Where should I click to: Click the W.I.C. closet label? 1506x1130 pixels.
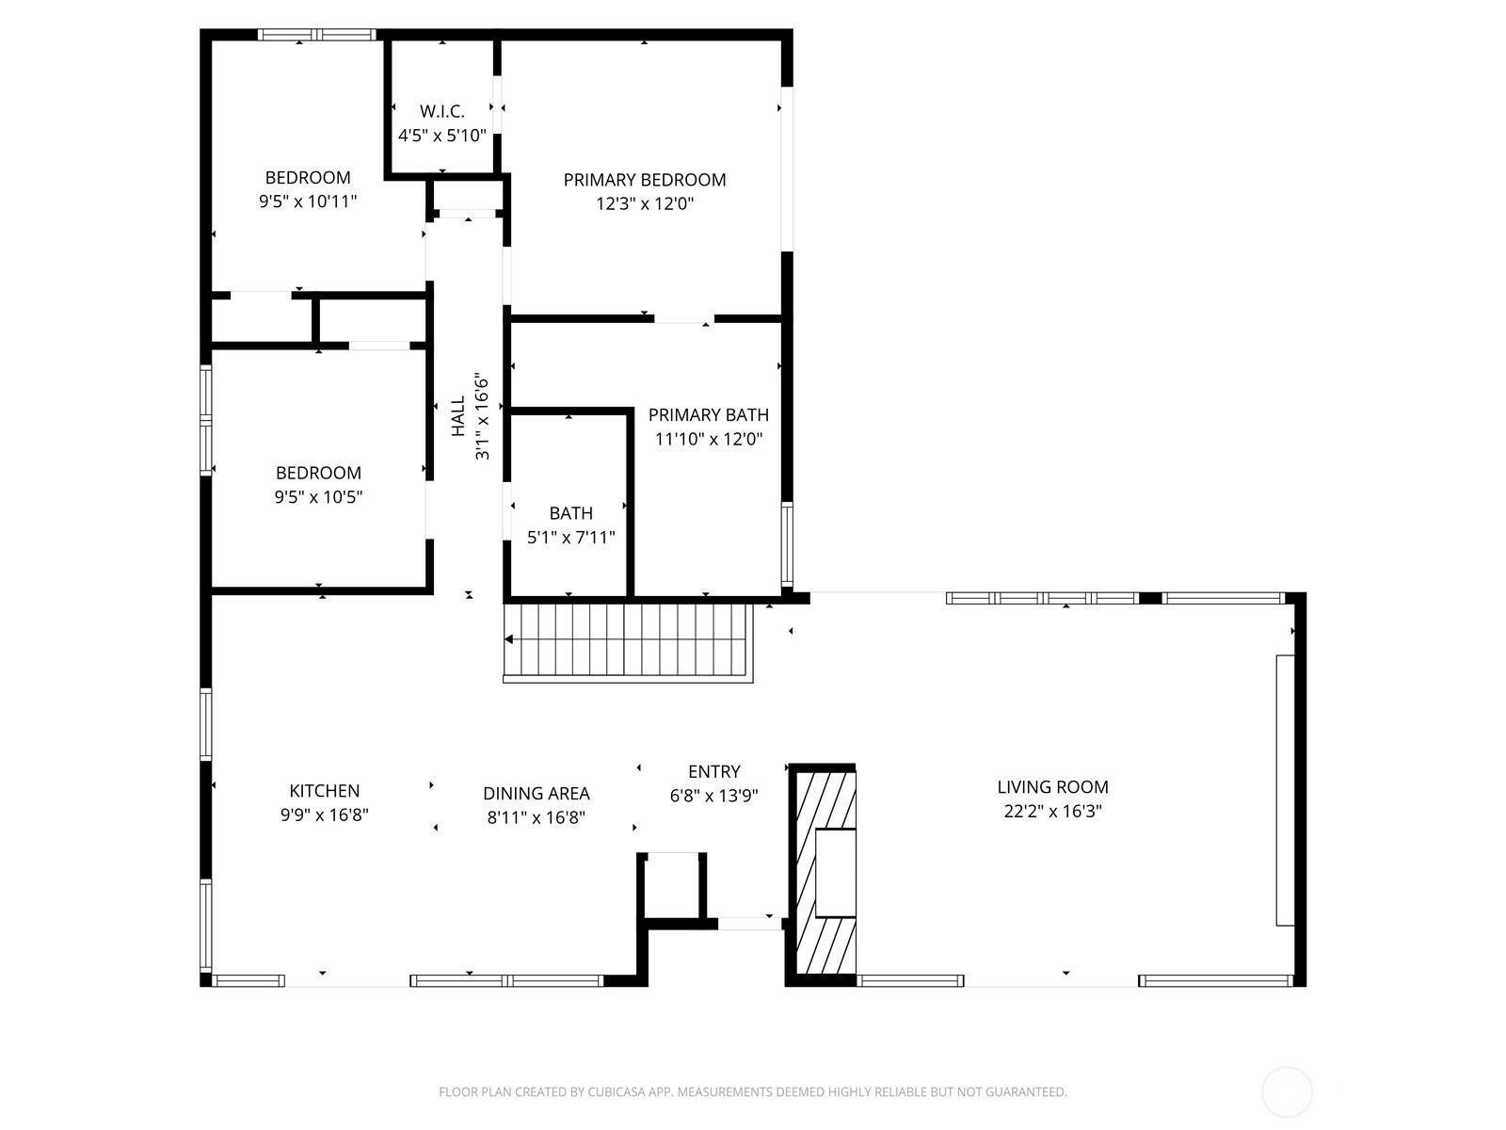pyautogui.click(x=441, y=111)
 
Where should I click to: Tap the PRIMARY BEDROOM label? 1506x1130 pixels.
pyautogui.click(x=644, y=180)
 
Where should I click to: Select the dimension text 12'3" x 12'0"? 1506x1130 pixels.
pyautogui.click(x=644, y=203)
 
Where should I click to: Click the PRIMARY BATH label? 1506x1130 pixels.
pyautogui.click(x=708, y=415)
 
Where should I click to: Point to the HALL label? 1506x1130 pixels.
pyautogui.click(x=458, y=416)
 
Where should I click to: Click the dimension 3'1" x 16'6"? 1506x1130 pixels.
pyautogui.click(x=482, y=416)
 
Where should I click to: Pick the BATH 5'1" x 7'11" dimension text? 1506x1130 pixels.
pyautogui.click(x=570, y=537)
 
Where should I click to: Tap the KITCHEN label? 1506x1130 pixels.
pyautogui.click(x=325, y=791)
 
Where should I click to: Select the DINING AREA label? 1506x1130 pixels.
pyautogui.click(x=536, y=794)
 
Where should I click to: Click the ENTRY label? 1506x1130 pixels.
pyautogui.click(x=714, y=772)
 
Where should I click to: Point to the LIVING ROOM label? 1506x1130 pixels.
pyautogui.click(x=1052, y=787)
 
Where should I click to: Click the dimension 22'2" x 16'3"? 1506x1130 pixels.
pyautogui.click(x=1052, y=812)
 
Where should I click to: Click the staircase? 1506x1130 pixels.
pyautogui.click(x=628, y=642)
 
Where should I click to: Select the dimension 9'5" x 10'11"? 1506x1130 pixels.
pyautogui.click(x=308, y=202)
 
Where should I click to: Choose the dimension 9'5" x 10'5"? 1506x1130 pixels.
pyautogui.click(x=318, y=497)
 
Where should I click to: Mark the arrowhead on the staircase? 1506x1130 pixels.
pyautogui.click(x=508, y=639)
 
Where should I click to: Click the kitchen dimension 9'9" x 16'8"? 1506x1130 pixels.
pyautogui.click(x=325, y=815)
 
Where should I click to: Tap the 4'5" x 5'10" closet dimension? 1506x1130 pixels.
pyautogui.click(x=441, y=136)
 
